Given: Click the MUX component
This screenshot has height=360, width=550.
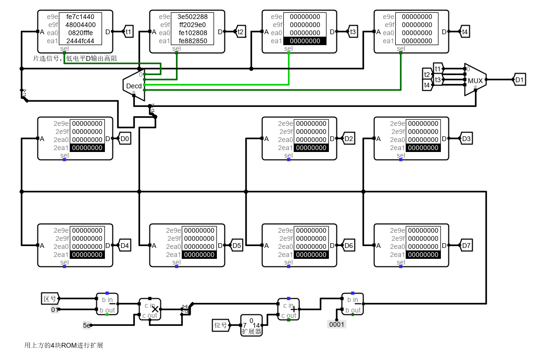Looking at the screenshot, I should (x=475, y=80).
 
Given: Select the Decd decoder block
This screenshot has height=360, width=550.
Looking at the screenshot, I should (x=133, y=85).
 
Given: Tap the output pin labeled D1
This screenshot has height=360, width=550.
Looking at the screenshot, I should (x=519, y=80).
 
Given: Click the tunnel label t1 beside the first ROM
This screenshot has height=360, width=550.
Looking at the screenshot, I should (x=129, y=32).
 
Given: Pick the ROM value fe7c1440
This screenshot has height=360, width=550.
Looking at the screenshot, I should (x=80, y=17).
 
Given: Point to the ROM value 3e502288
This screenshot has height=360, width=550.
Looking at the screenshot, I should (x=192, y=17).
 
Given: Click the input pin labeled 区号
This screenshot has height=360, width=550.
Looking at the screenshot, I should (x=50, y=299).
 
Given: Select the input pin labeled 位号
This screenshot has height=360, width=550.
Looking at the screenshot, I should (x=221, y=325).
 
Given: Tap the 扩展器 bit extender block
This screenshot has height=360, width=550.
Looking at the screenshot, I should (x=252, y=325).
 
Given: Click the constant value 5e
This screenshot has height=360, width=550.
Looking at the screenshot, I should (x=87, y=325).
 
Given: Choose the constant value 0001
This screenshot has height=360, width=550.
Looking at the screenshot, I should (x=337, y=324).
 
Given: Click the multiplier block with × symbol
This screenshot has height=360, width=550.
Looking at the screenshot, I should (x=150, y=310).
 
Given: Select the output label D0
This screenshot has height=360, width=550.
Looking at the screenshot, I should (x=125, y=139).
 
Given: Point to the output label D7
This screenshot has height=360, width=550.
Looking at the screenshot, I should (x=466, y=246).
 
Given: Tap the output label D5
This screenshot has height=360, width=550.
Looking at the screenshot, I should (x=237, y=246).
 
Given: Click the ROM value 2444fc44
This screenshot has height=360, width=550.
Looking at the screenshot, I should (x=80, y=41).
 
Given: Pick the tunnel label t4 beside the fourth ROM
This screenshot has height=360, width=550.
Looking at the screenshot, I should (x=465, y=32).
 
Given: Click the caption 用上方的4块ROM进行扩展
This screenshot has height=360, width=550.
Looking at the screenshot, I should (x=64, y=345).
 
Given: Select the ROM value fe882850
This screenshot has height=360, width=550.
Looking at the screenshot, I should (x=192, y=41).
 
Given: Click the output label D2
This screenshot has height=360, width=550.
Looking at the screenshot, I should (x=349, y=139).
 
